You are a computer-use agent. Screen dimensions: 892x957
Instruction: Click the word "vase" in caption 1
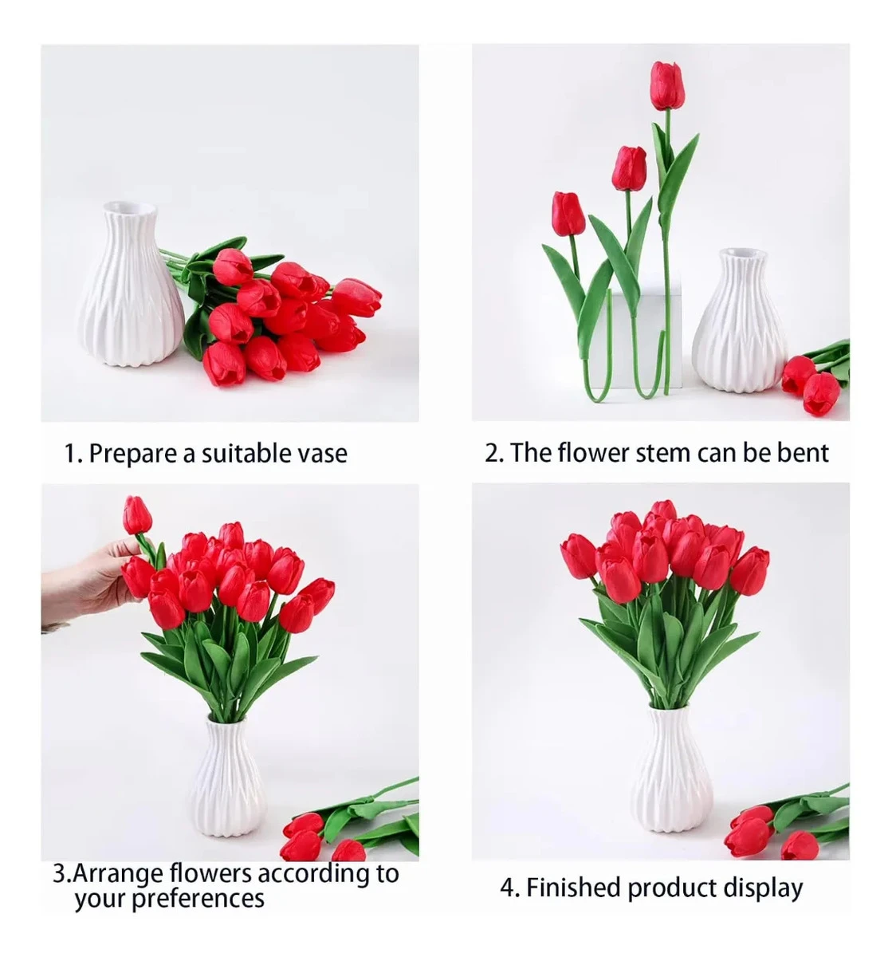321,454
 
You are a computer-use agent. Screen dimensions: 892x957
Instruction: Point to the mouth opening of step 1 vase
128,208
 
